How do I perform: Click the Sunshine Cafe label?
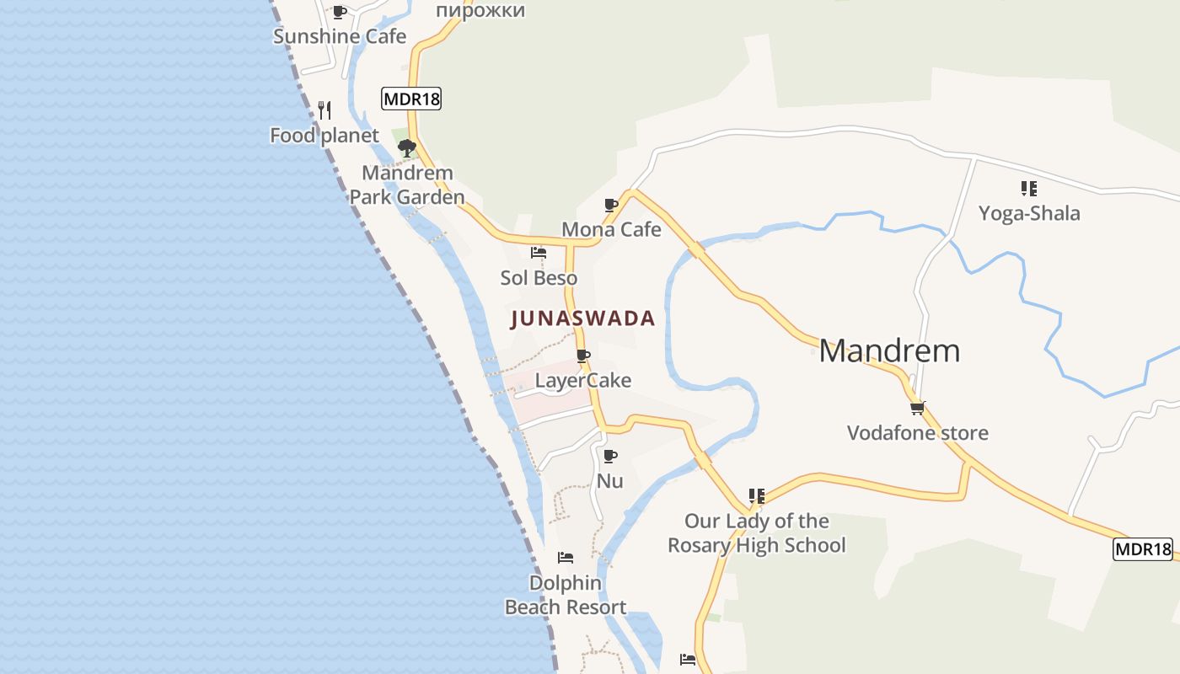340,36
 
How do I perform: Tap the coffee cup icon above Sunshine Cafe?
339,12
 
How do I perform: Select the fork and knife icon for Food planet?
324,110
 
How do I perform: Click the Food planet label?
324,135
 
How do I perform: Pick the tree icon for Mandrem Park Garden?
407,149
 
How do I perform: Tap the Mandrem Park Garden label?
407,185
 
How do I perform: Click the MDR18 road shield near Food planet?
411,99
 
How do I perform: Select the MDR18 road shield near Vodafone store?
1143,549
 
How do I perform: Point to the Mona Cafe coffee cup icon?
611,205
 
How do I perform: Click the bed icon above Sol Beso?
539,252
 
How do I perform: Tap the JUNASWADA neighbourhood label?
582,318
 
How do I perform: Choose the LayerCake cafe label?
583,380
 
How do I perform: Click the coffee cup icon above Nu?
610,456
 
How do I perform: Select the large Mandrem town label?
889,350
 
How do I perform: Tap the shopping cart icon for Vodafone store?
917,409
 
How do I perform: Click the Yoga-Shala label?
1029,213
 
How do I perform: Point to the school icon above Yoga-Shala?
1028,188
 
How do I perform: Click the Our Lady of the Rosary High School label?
757,532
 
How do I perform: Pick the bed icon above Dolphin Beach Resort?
566,558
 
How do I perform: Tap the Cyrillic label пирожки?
480,10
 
